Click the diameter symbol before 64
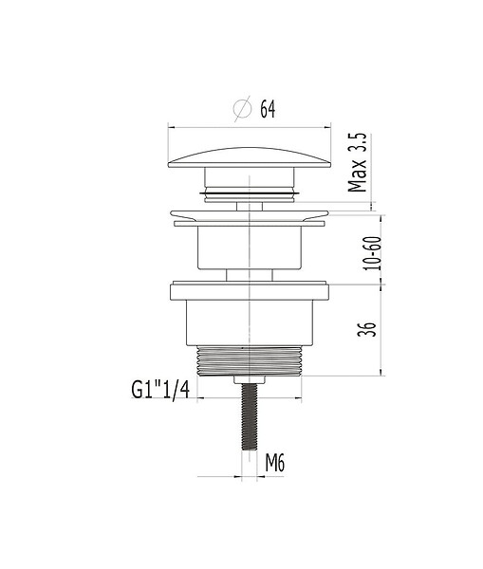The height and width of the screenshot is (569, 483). coord(243,108)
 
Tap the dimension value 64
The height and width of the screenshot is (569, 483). coord(268,109)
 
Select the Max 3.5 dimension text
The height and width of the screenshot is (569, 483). coord(358,162)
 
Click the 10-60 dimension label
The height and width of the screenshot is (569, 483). coord(373,253)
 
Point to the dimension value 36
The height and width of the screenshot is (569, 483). coord(367,329)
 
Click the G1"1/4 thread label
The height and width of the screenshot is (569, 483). coord(160,390)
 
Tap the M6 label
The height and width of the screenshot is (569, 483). coord(275,463)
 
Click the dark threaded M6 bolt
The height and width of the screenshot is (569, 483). coord(250,417)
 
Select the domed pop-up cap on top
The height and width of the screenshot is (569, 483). coord(250,157)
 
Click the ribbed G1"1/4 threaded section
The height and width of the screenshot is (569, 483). coord(250,360)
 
